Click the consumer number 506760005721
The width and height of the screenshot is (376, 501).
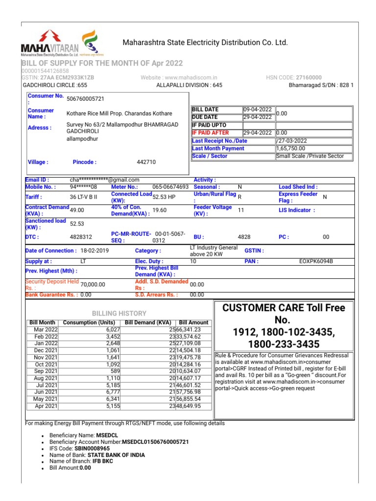point(85,98)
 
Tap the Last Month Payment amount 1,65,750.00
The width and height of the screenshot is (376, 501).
point(291,148)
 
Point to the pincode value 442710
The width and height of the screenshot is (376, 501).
point(146,162)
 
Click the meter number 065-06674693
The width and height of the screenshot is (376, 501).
point(170,187)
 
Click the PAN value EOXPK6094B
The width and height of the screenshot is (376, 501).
point(316,261)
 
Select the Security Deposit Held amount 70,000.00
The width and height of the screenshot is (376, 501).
point(93,284)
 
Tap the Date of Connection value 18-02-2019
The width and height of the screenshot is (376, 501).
point(94,250)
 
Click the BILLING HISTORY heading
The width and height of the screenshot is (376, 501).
point(119,313)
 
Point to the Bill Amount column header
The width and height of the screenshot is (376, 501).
point(193,322)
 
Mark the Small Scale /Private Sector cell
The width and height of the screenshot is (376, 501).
point(313,156)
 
